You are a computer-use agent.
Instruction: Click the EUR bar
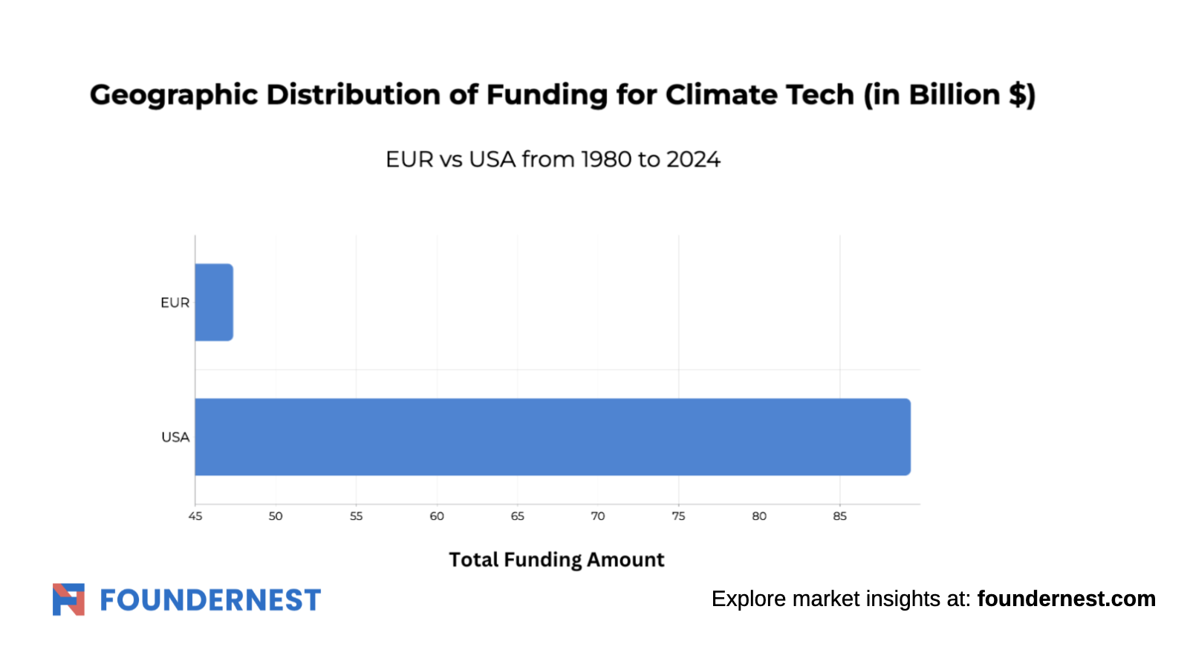[214, 302]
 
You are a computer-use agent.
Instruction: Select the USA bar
[553, 437]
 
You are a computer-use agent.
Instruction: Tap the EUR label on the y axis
[175, 303]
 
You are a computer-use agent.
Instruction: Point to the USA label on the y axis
[175, 437]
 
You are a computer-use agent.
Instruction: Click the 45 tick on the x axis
[195, 516]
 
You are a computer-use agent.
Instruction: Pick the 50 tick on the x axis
[275, 516]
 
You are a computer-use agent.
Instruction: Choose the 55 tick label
[356, 516]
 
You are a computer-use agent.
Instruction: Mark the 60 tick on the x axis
[437, 516]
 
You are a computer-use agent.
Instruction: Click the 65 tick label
[518, 516]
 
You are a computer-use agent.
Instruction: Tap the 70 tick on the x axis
[598, 516]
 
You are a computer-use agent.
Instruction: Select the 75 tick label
[678, 516]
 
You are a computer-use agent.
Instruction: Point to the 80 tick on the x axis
[759, 516]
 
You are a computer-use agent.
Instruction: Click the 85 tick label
[839, 516]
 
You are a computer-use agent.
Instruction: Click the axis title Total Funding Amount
[557, 560]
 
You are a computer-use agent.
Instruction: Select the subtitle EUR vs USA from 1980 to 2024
[553, 160]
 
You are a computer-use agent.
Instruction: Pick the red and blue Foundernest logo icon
[68, 599]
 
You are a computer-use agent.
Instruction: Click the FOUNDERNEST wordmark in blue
[210, 600]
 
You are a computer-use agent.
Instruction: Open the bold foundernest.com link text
[1066, 599]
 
